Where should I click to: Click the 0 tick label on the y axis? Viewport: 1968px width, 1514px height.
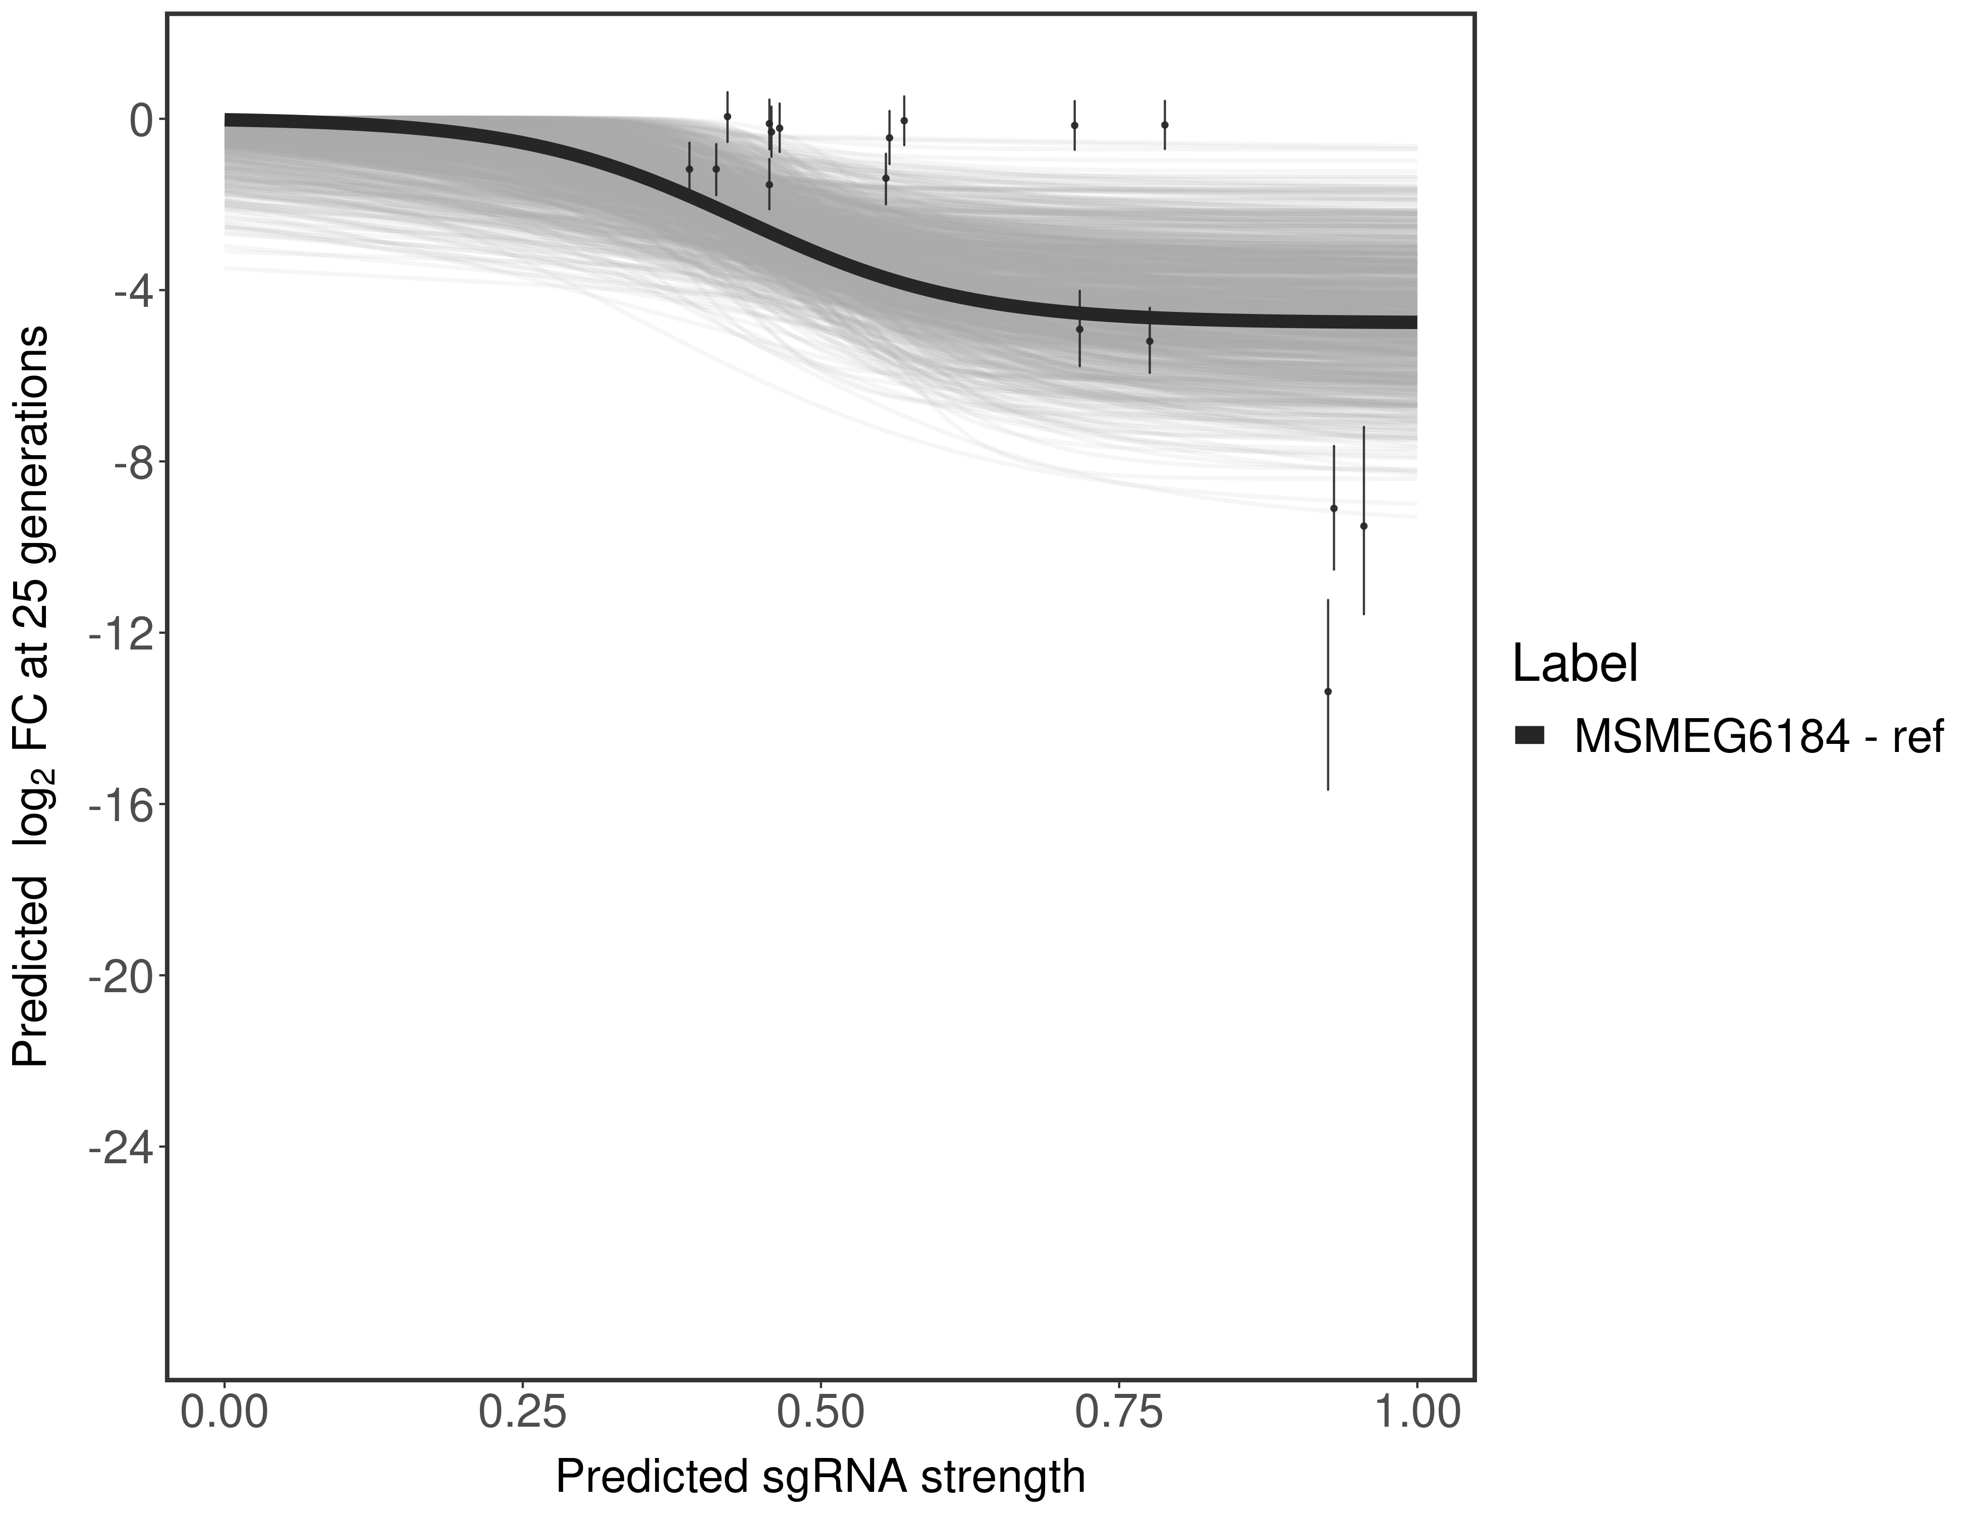click(141, 121)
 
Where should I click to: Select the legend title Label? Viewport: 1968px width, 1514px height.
click(1574, 664)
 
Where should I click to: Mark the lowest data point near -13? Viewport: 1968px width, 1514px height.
click(1327, 691)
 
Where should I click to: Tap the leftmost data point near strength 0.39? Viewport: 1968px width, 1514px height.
click(689, 169)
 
